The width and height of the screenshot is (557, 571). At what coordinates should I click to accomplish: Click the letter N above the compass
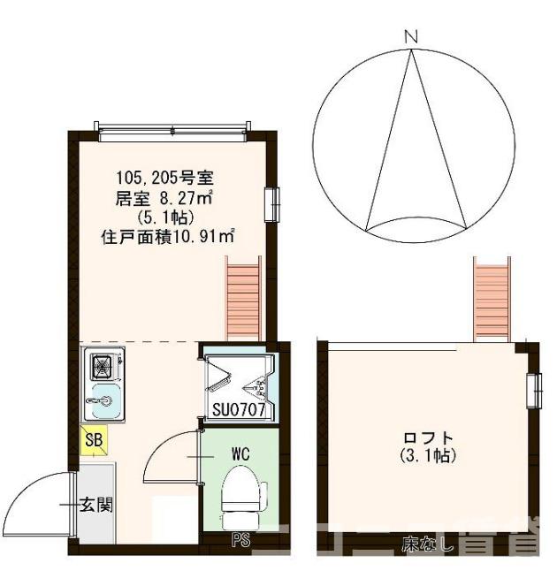[x=409, y=36]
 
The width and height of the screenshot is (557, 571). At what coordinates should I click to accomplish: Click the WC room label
[x=240, y=453]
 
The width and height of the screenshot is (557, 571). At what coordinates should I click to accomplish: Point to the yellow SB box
[x=93, y=438]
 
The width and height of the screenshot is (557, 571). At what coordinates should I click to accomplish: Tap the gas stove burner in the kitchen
[x=103, y=363]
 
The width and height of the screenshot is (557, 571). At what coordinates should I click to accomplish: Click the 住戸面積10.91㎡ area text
[x=168, y=236]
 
